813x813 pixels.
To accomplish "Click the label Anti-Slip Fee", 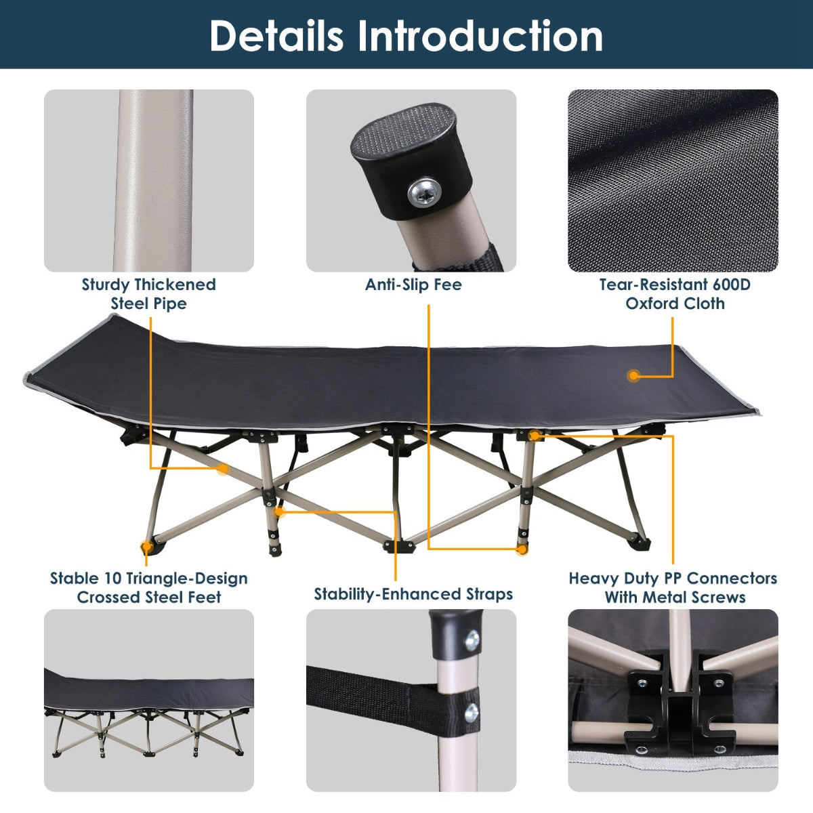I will coord(413,285).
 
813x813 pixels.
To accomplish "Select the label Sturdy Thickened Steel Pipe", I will coord(148,294).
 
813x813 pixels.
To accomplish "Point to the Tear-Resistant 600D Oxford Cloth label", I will coord(675,294).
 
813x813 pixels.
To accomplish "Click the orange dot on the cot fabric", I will coord(634,375).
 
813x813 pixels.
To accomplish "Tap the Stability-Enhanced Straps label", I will coord(413,594).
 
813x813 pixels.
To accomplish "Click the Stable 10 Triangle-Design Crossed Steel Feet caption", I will coord(148,587).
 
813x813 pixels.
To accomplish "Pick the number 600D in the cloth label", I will coord(731,285).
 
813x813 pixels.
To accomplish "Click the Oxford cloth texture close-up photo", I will coord(673,181).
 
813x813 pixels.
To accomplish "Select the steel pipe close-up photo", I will coord(149,181).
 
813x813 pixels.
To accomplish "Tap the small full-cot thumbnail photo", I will coord(149,700).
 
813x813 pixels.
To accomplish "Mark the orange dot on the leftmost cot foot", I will coord(146,545).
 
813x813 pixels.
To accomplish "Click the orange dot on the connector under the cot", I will coord(535,436).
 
